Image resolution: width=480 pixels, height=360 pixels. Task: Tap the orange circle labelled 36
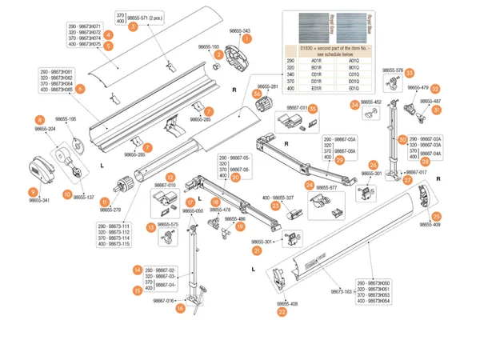pos(258,94)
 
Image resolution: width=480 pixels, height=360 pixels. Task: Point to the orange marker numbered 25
pos(436,216)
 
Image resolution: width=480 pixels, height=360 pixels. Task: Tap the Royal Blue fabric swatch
pos(351,26)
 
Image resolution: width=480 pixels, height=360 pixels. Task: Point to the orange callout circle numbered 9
pos(32,192)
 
